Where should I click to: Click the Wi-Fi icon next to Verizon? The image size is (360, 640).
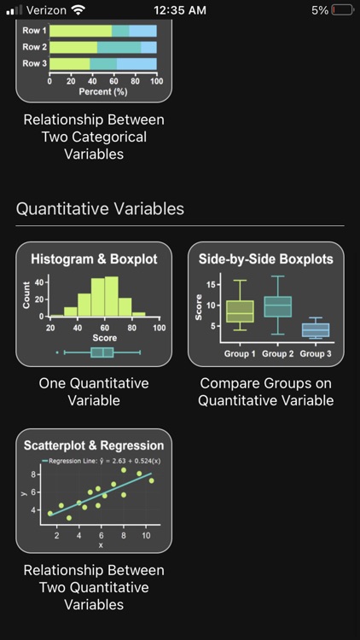point(78,10)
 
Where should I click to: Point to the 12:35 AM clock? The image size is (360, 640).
point(180,10)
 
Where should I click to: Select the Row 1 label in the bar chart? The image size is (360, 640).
point(34,31)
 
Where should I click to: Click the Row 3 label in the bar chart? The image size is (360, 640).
point(34,63)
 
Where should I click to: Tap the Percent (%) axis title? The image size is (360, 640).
point(102,90)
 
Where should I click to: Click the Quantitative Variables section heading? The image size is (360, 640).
point(100,208)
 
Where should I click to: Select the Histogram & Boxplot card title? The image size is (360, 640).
point(94,259)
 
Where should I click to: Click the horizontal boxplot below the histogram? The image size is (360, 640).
point(102,352)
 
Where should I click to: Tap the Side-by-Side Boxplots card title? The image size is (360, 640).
point(265,259)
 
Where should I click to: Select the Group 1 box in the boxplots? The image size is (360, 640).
point(240,311)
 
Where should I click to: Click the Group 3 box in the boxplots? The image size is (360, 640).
point(316,330)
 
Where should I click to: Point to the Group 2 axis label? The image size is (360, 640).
point(278,353)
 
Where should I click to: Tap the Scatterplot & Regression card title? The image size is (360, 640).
point(94,445)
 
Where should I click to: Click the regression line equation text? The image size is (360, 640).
point(105,462)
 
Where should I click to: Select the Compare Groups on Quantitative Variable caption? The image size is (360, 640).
point(265,392)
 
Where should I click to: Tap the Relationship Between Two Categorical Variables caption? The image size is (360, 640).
point(94,137)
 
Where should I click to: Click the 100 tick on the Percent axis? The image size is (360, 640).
point(156,81)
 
